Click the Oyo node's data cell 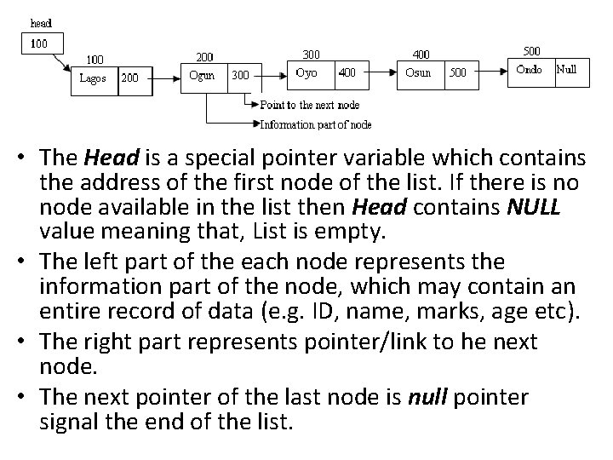[311, 73]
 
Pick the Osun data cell [420, 73]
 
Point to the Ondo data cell [531, 70]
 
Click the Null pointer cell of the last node [570, 70]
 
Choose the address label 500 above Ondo [530, 50]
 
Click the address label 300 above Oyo [312, 54]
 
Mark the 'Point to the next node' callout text [310, 105]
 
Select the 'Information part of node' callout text [315, 124]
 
